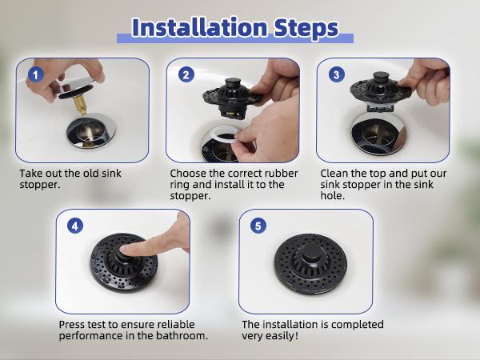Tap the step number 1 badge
[35, 75]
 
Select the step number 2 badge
[186, 75]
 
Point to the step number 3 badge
[337, 75]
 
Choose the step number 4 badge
[75, 226]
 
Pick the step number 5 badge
[257, 226]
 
